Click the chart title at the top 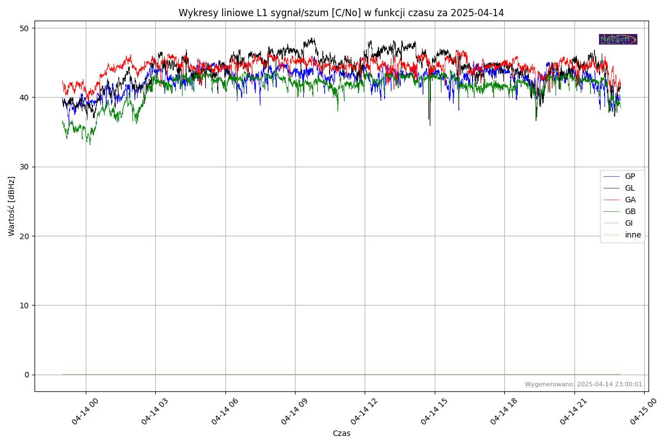pos(341,13)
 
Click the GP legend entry pos(630,176)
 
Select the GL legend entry pos(630,188)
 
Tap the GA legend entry pos(630,200)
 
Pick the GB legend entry pos(630,211)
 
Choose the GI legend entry pos(628,223)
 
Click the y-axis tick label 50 pos(25,28)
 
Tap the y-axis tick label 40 pos(25,98)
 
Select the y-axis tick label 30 pos(25,167)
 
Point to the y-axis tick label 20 pos(25,236)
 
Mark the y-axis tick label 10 pos(25,306)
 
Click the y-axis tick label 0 pos(27,375)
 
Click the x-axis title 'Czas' pos(341,433)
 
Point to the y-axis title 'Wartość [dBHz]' pos(12,206)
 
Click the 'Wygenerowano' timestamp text pos(583,384)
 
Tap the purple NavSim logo pos(618,39)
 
